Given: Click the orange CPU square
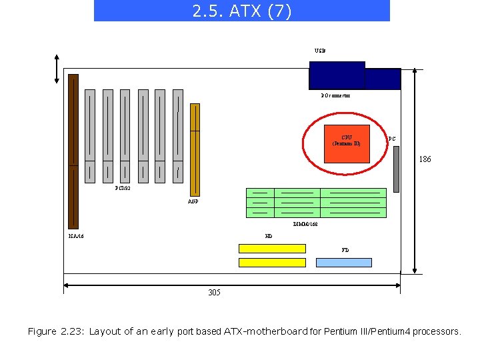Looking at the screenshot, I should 346,144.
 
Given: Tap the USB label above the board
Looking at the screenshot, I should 320,51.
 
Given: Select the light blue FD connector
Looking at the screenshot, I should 343,263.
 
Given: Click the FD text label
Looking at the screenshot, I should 345,250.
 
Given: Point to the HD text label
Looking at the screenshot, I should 269,236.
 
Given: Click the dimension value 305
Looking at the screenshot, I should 214,293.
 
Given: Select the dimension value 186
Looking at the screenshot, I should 425,159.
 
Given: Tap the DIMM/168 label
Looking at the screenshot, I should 305,224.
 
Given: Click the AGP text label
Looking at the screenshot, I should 193,201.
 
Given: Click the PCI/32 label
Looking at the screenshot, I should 123,189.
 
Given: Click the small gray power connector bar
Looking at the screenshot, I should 396,169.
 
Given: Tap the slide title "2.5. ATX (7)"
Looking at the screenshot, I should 241,11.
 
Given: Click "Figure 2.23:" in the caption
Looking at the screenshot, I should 56,331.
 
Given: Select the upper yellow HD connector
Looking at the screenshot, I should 272,248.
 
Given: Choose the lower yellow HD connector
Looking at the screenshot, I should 272,263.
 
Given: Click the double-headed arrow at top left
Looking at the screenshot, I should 57,69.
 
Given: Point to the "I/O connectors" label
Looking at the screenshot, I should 335,96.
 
